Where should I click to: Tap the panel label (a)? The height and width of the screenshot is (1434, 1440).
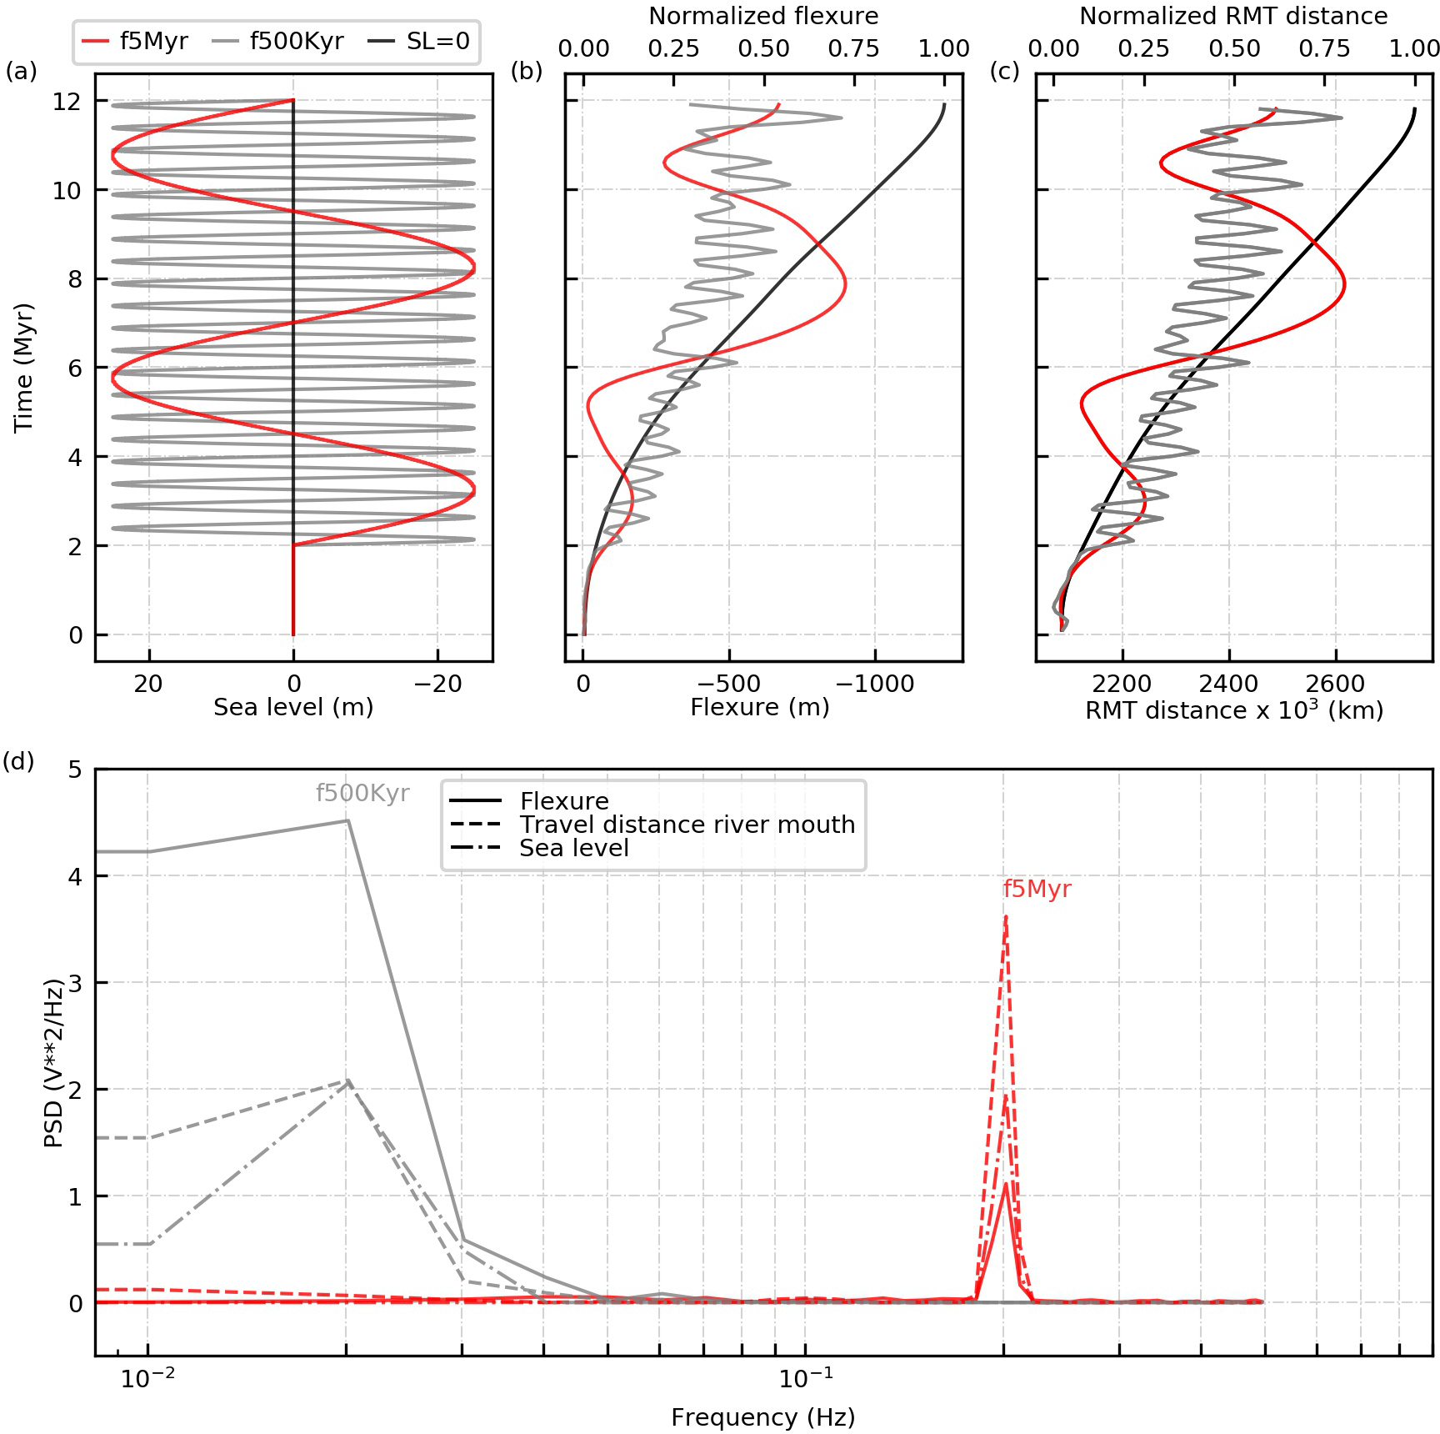[21, 72]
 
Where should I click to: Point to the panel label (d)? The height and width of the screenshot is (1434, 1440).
[18, 761]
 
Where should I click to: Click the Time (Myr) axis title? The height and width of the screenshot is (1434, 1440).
[24, 368]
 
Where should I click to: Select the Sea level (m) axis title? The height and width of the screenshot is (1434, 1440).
[293, 708]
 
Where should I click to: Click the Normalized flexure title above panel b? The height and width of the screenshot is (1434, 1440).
[763, 17]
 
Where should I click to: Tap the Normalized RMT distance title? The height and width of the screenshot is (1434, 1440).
[1233, 17]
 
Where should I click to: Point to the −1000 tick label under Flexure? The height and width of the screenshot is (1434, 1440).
[874, 684]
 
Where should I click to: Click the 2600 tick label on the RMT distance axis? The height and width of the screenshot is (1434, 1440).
[1336, 684]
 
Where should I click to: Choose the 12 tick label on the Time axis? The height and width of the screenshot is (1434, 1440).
[67, 102]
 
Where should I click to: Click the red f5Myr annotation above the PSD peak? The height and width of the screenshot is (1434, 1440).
[1037, 889]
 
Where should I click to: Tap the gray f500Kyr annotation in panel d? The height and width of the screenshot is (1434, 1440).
[362, 793]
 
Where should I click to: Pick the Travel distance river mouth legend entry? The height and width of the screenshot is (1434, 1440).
[687, 825]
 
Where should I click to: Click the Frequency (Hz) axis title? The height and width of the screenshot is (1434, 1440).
[763, 1417]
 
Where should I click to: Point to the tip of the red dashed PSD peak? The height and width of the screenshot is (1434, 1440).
[1006, 918]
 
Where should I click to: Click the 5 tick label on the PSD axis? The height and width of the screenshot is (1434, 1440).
[76, 769]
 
